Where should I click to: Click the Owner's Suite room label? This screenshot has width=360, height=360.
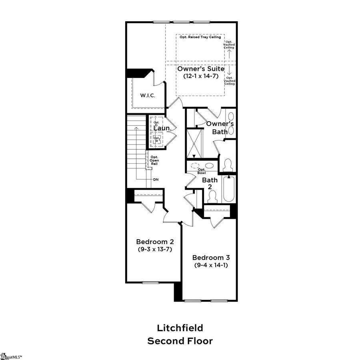point(201,69)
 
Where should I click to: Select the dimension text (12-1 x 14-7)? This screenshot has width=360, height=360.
point(201,76)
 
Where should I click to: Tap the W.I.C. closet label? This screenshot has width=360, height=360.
point(148,96)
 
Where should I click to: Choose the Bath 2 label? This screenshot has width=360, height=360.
point(210,184)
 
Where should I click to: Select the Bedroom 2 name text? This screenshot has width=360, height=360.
point(154,242)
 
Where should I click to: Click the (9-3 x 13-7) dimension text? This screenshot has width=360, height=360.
point(154,249)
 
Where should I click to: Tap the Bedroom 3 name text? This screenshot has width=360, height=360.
point(211,258)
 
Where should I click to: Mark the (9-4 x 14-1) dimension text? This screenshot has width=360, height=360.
point(211,265)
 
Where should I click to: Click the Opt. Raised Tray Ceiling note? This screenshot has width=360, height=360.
point(200,37)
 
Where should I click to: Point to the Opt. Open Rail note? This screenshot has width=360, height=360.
point(154,160)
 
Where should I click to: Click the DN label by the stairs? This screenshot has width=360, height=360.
point(156,179)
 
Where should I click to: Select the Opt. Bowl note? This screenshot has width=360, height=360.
point(202,171)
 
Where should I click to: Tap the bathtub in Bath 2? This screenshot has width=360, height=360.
point(229,189)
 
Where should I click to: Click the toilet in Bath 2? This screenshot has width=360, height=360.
point(213,196)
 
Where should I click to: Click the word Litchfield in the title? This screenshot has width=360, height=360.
point(180,328)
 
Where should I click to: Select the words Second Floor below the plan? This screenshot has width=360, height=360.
point(180,341)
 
